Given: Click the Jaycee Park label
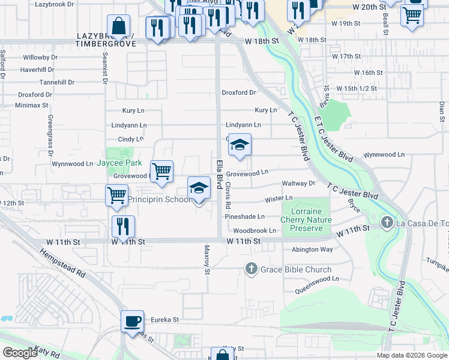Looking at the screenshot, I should (x=119, y=163).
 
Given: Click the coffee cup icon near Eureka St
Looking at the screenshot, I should (x=132, y=320).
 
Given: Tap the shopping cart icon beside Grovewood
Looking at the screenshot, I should (x=161, y=172).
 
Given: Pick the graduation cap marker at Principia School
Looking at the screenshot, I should (x=199, y=188).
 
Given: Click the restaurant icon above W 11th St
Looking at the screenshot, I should (x=123, y=226).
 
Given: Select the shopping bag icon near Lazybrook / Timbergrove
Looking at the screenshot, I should (x=119, y=26).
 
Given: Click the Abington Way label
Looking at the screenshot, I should (x=312, y=250).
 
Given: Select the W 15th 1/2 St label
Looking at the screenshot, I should (x=356, y=88).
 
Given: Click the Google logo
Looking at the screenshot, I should (x=20, y=353).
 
